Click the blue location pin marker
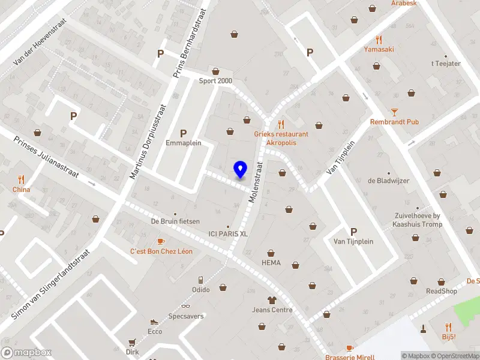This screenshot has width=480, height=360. click(x=240, y=170)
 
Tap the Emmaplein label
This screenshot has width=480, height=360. click(x=183, y=143)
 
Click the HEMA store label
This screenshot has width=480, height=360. click(x=271, y=262)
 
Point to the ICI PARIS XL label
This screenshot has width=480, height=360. click(x=227, y=234)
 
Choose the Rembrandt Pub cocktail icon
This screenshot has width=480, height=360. click(x=394, y=112)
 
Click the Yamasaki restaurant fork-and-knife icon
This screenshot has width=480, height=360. click(x=379, y=40)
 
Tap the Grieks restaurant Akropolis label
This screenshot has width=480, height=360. click(x=280, y=139)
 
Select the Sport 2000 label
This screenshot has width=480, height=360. click(x=216, y=81)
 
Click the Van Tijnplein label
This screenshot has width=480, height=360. click(x=353, y=241)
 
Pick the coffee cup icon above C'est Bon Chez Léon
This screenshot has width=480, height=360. click(x=161, y=241)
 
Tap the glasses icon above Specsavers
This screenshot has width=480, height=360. click(x=185, y=306)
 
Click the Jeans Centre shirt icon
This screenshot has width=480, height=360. click(x=272, y=299)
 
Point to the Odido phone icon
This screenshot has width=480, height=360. click(x=201, y=280)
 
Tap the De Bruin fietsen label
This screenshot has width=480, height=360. click(x=175, y=221)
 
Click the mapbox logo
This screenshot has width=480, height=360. click(x=26, y=353)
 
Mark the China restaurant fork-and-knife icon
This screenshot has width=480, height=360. click(x=22, y=179)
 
